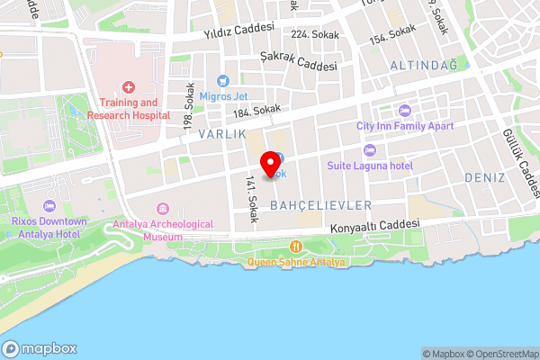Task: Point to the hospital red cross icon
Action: point(130,87)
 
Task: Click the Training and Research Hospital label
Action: point(130,109)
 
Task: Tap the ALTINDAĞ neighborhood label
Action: point(424,65)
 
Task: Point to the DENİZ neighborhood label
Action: point(485,177)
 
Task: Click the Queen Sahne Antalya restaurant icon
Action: point(294,247)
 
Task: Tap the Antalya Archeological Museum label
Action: point(163,230)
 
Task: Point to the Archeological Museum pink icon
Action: point(163,209)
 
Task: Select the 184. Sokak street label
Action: point(256,111)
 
